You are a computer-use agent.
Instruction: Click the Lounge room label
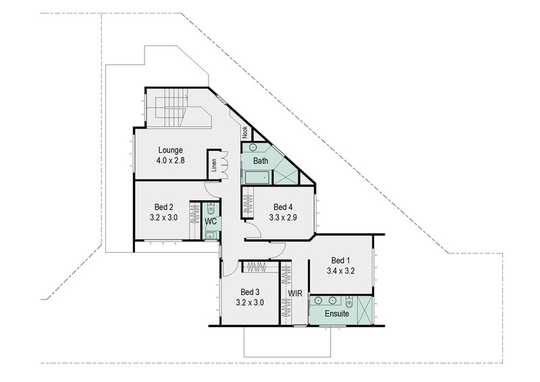point(171,150)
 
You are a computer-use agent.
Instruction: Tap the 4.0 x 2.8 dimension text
point(171,161)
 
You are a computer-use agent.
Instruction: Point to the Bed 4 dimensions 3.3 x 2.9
point(283,218)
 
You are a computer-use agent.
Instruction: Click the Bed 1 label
point(341,260)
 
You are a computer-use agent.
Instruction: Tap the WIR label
point(295,294)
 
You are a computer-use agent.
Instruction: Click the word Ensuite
point(336,314)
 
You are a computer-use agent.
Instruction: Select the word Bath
point(261,162)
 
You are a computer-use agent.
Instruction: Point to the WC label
point(211,221)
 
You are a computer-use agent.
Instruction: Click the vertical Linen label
point(213,166)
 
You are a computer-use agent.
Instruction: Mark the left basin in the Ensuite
point(318,300)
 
